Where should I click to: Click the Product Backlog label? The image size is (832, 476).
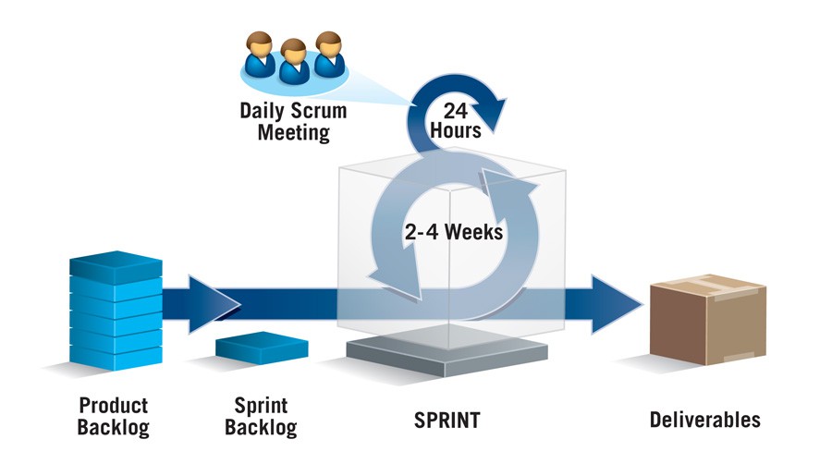pos(113,416)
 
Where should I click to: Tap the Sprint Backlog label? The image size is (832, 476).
pos(262,416)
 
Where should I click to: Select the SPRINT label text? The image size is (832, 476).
pos(447,421)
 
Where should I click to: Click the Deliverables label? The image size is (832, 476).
pos(704,420)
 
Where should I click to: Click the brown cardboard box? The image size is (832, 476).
pos(708,320)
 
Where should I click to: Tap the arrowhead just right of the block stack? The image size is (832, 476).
pos(214,302)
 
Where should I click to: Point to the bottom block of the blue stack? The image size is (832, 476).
pos(116,354)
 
